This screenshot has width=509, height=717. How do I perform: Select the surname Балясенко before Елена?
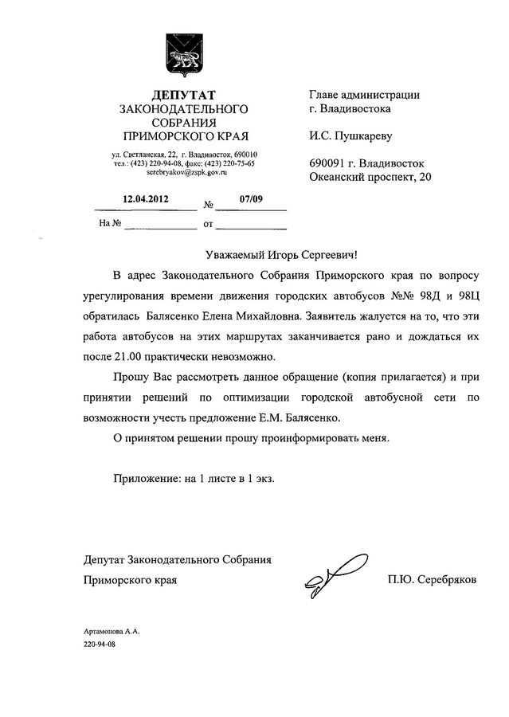click(x=171, y=316)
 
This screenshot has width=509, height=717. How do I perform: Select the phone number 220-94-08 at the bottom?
click(x=100, y=642)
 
